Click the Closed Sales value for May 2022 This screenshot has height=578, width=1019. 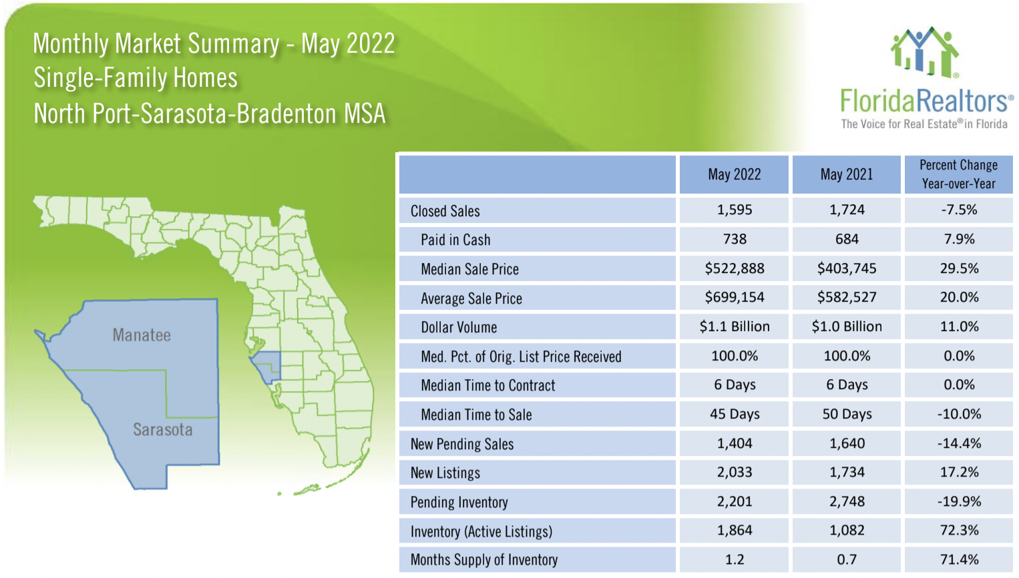pyautogui.click(x=734, y=210)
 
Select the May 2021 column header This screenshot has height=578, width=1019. pyautogui.click(x=846, y=174)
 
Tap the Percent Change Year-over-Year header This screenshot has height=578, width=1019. pyautogui.click(x=958, y=174)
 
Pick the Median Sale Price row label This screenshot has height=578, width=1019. pyautogui.click(x=469, y=269)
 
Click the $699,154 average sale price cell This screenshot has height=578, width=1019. pyautogui.click(x=734, y=297)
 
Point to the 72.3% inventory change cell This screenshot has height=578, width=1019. pyautogui.click(x=959, y=530)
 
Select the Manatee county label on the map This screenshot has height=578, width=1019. pyautogui.click(x=142, y=335)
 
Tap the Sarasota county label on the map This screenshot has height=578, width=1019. pyautogui.click(x=162, y=430)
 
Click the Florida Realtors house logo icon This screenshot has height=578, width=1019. pyautogui.click(x=925, y=52)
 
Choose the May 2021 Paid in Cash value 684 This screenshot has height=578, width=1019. pyautogui.click(x=846, y=239)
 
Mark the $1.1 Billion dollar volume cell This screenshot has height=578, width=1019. pyautogui.click(x=734, y=326)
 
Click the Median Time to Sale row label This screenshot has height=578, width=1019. pyautogui.click(x=476, y=414)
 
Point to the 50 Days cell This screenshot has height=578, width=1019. pyautogui.click(x=846, y=414)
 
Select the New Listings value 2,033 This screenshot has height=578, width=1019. pyautogui.click(x=734, y=472)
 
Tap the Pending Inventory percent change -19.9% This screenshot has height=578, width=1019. pyautogui.click(x=959, y=501)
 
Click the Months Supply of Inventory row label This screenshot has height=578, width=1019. pyautogui.click(x=483, y=559)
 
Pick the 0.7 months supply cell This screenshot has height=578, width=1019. pyautogui.click(x=846, y=559)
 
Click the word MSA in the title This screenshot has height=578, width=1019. pyautogui.click(x=365, y=113)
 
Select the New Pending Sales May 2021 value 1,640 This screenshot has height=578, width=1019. pyautogui.click(x=846, y=443)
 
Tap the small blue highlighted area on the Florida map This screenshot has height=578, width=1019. pyautogui.click(x=270, y=366)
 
